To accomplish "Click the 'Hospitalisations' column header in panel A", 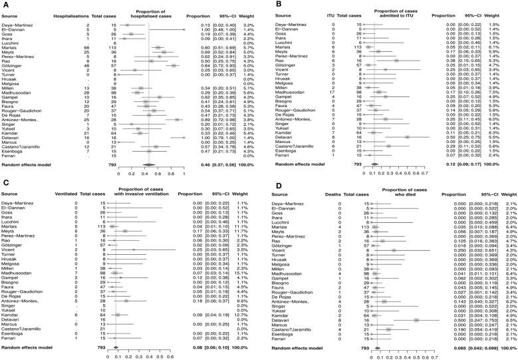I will pyautogui.click(x=65, y=14).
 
